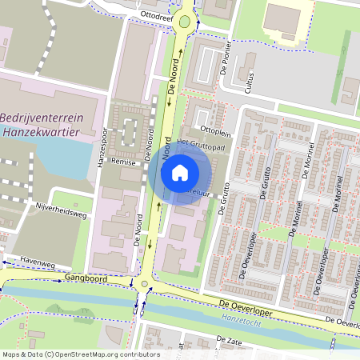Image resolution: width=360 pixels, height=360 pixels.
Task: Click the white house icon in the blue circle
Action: point(180,173)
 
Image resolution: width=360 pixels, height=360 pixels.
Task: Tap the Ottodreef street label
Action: point(156,14)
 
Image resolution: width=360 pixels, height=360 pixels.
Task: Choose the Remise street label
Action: point(123,161)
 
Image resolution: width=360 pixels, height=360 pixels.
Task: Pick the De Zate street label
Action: point(230,339)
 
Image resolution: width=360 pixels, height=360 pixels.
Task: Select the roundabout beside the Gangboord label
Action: point(143,284)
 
